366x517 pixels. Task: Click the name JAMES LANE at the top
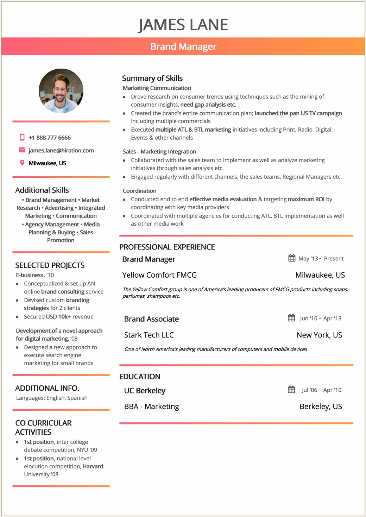[x=183, y=25]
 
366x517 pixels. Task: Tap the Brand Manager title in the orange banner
[x=183, y=46]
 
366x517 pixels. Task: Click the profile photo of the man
[x=61, y=91]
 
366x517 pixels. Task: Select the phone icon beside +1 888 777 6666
[x=22, y=137]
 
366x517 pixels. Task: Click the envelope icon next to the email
[x=22, y=150]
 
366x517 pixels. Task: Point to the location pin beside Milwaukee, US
[x=22, y=163]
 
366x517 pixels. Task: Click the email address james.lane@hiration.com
[x=61, y=151]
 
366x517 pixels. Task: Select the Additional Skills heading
[x=42, y=190]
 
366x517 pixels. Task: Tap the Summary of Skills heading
[x=152, y=78]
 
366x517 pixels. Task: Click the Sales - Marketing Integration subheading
[x=159, y=152]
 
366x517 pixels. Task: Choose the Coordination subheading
[x=139, y=191]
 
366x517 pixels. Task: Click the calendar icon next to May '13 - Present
[x=292, y=258]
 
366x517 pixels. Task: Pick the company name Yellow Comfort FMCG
[x=159, y=275]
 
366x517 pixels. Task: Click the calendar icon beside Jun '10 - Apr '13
[x=291, y=318]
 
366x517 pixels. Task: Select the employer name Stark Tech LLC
[x=149, y=335]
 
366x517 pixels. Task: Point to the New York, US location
[x=319, y=335]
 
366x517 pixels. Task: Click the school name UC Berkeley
[x=145, y=391]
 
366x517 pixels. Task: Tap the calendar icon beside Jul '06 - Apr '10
[x=291, y=389]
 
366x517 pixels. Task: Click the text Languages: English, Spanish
[x=52, y=398]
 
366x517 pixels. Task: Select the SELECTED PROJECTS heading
[x=50, y=265]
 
